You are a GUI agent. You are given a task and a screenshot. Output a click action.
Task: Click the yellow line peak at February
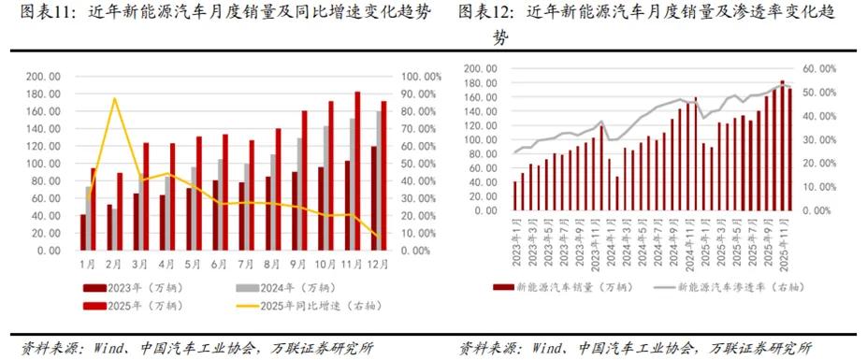tap(114, 98)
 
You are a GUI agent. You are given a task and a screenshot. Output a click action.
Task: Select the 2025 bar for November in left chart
tap(357, 168)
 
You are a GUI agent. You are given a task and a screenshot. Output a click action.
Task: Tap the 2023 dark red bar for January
tap(83, 232)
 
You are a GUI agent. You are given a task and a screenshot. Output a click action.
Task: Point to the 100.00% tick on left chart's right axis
tap(421, 77)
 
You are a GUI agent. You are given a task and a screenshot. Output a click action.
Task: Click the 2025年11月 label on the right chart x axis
tap(784, 240)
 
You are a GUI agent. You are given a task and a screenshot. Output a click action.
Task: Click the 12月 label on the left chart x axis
tap(383, 266)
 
